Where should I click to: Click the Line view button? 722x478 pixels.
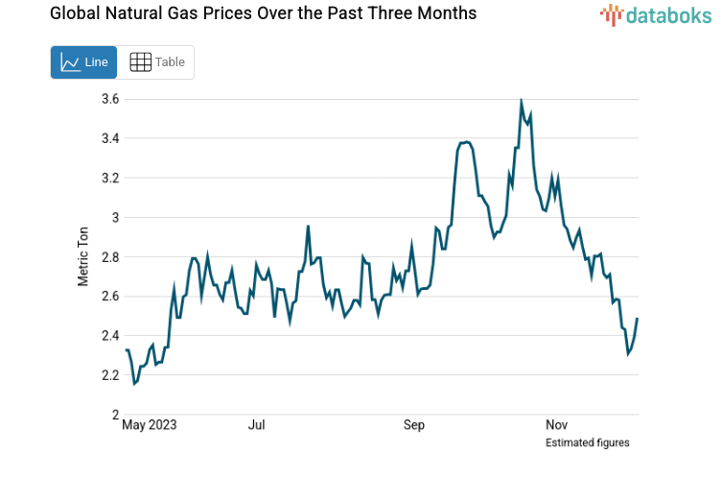pos(83,62)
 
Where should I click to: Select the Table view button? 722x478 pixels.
pos(156,62)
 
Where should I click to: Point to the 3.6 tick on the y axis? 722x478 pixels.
pos(109,99)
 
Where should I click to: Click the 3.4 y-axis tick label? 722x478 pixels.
pos(109,138)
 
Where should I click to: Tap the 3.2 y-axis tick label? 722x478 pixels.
pos(109,178)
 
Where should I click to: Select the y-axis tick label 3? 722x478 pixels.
pos(114,217)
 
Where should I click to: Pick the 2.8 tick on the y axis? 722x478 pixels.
pos(109,257)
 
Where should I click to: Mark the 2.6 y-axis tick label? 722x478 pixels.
pos(109,297)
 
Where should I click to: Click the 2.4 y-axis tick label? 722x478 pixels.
pos(109,336)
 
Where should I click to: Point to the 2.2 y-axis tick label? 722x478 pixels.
pos(109,375)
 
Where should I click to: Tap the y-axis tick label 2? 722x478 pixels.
pos(114,415)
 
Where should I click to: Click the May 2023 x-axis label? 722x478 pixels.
pos(150,424)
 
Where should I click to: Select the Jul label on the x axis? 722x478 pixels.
pos(256,424)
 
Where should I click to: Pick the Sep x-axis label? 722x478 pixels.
pos(413,424)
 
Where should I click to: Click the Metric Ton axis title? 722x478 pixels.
pos(83,256)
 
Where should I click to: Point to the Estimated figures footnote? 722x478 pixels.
pos(587,442)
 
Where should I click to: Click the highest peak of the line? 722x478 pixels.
pos(521,101)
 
